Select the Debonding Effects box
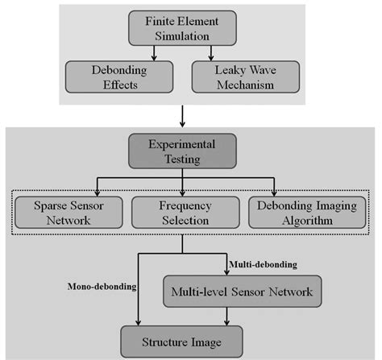pos(105,77)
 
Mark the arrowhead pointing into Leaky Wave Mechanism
pos(210,58)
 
